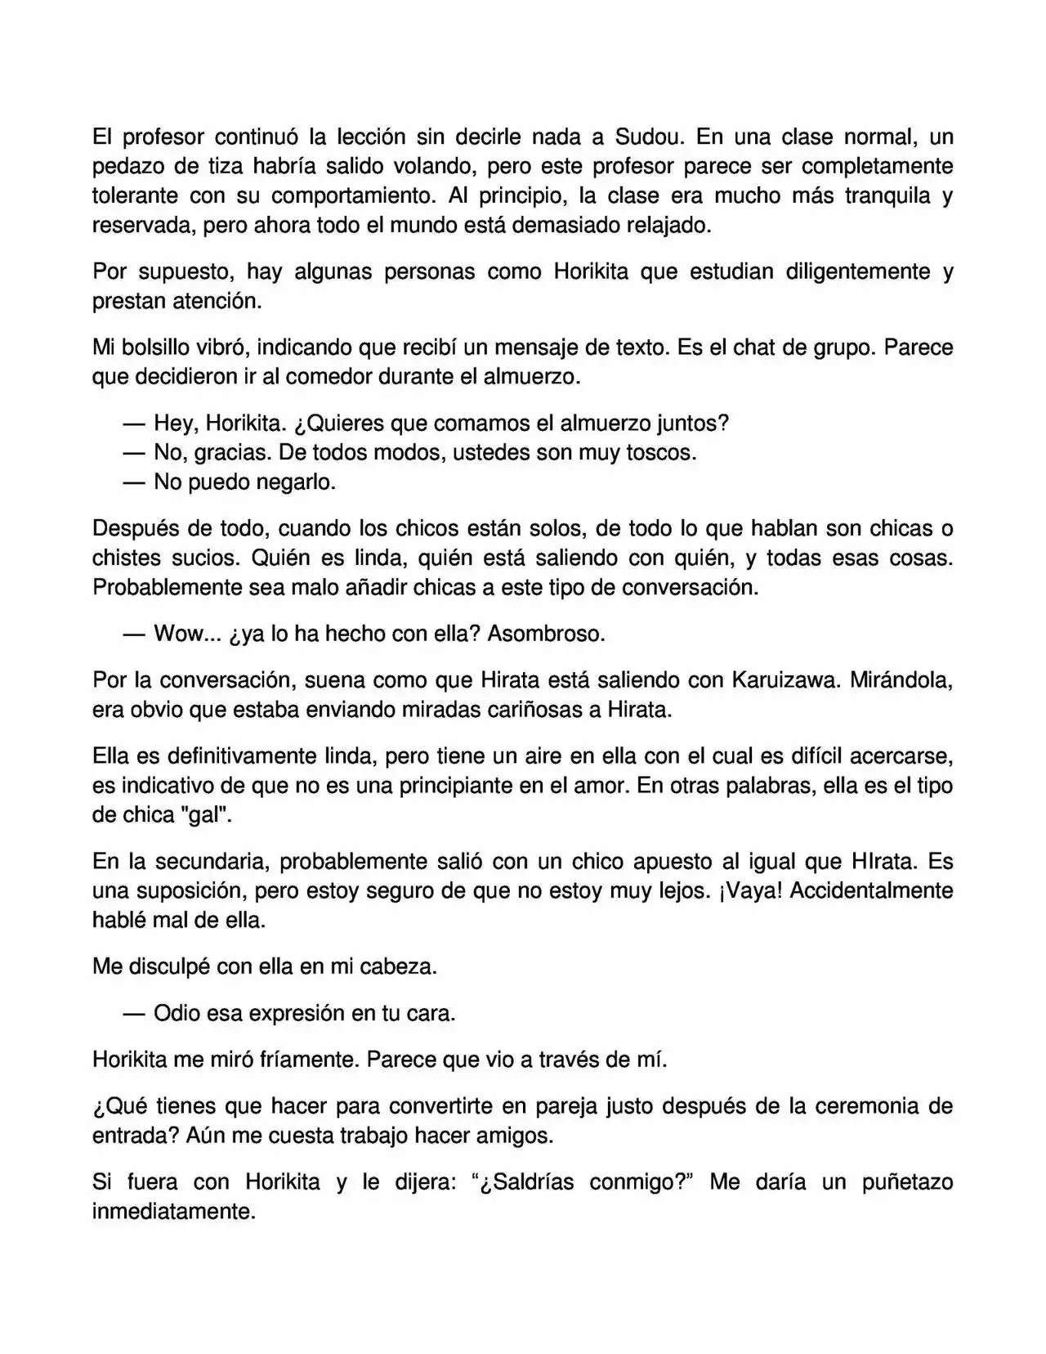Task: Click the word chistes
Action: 129,558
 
